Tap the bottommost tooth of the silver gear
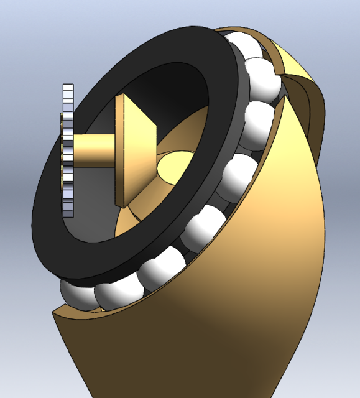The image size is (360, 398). click(x=68, y=211)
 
